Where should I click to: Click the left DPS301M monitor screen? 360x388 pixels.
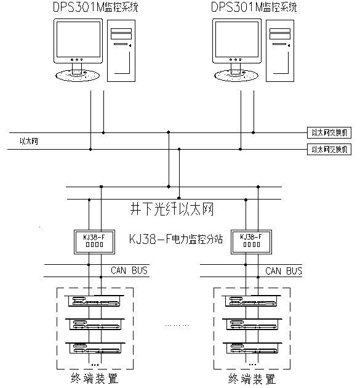78,39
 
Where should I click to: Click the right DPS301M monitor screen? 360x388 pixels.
237,39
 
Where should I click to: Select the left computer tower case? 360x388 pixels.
121,51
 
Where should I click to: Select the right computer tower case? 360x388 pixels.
280,51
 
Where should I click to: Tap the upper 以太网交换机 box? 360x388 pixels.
329,133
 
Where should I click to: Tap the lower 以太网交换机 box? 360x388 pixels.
329,149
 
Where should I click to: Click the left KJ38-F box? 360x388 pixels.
94,242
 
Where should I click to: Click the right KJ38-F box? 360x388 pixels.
251,242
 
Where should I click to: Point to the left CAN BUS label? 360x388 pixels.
129,270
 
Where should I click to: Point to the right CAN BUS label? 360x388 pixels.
284,271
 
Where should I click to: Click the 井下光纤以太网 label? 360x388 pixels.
172,209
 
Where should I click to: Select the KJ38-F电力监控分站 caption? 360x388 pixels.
176,240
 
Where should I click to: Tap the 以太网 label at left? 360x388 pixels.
29,141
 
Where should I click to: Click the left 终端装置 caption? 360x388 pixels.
94,378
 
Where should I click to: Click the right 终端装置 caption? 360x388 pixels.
252,379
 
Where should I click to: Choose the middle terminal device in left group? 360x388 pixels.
95,324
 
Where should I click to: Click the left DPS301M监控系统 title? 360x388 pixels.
95,7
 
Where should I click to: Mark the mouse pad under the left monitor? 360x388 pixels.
78,76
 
